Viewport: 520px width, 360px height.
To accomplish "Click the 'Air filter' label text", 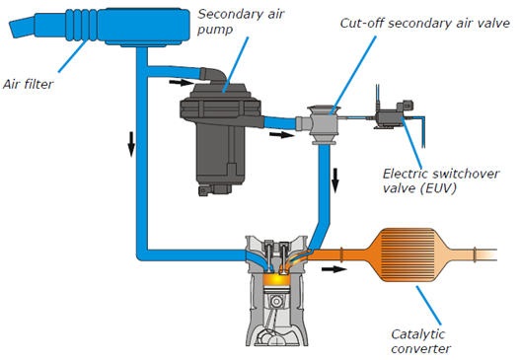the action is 28,84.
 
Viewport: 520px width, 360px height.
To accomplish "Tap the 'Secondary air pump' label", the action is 241,22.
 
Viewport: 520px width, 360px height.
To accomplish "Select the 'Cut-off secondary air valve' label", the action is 425,24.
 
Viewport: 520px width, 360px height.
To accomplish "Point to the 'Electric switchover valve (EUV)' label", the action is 441,180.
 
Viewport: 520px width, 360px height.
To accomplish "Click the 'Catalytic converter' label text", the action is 421,341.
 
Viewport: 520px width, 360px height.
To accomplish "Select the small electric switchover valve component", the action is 394,113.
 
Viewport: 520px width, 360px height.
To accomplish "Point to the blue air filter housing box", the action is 144,27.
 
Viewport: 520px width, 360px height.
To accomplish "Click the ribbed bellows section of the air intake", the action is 82,26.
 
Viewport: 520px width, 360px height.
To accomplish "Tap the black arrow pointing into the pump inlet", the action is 181,82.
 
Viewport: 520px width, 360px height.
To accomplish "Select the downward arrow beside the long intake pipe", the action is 131,144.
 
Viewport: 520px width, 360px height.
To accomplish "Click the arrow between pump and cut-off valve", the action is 281,134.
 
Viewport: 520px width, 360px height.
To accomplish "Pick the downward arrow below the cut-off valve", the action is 335,180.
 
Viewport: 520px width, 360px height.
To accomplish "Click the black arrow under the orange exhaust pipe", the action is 334,269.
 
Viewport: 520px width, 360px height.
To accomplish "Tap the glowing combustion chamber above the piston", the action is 276,279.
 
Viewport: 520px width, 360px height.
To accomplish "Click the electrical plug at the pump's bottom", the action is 205,191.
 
